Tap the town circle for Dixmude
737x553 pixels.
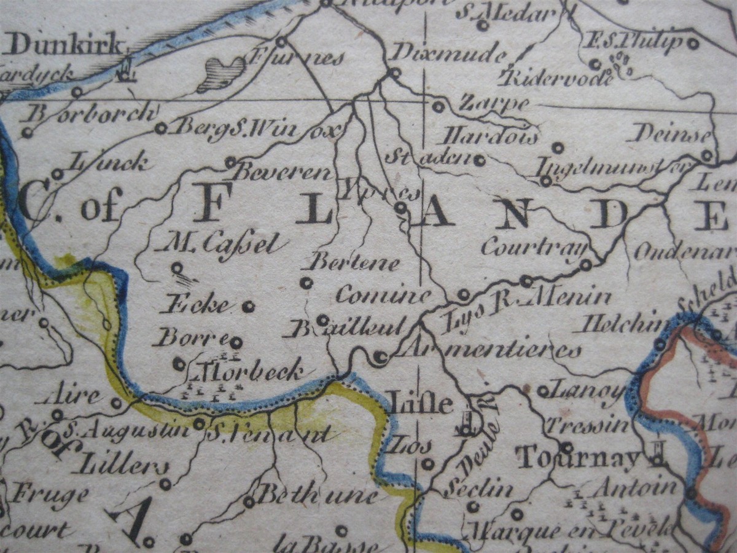click(x=395, y=73)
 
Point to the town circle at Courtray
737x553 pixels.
click(x=586, y=265)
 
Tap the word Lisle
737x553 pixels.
click(x=421, y=404)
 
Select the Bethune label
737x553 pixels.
click(x=316, y=495)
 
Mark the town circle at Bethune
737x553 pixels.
click(x=249, y=502)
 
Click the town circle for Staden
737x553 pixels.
click(x=479, y=160)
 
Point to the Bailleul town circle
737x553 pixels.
click(x=322, y=320)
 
